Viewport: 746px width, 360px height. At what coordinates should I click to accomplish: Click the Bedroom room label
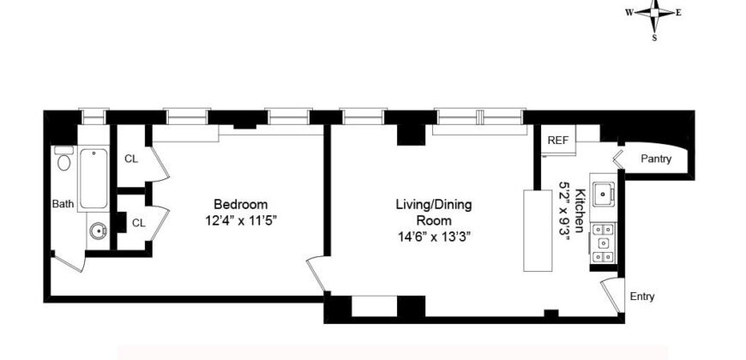(x=240, y=205)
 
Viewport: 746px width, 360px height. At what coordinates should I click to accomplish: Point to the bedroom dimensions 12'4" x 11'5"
(x=240, y=220)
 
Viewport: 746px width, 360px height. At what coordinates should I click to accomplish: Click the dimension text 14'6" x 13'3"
(x=433, y=234)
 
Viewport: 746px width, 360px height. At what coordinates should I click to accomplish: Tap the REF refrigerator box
(x=558, y=140)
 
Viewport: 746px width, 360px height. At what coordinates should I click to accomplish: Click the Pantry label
(x=656, y=159)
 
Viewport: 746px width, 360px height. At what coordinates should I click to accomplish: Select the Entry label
(x=641, y=297)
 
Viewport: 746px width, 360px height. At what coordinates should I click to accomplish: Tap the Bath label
(x=63, y=204)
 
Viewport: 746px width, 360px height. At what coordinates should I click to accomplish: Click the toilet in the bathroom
(x=63, y=160)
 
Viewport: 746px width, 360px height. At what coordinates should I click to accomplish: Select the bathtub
(x=93, y=178)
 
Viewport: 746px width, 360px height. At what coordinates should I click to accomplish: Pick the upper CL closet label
(x=131, y=158)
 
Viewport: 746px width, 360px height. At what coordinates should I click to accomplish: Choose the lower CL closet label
(x=138, y=222)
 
